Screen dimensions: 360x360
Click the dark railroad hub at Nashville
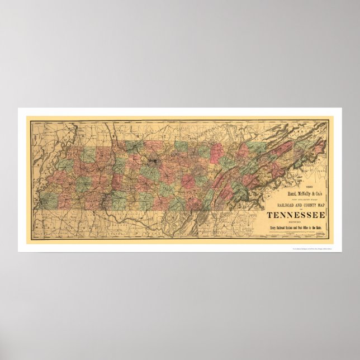coord(151,165)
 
